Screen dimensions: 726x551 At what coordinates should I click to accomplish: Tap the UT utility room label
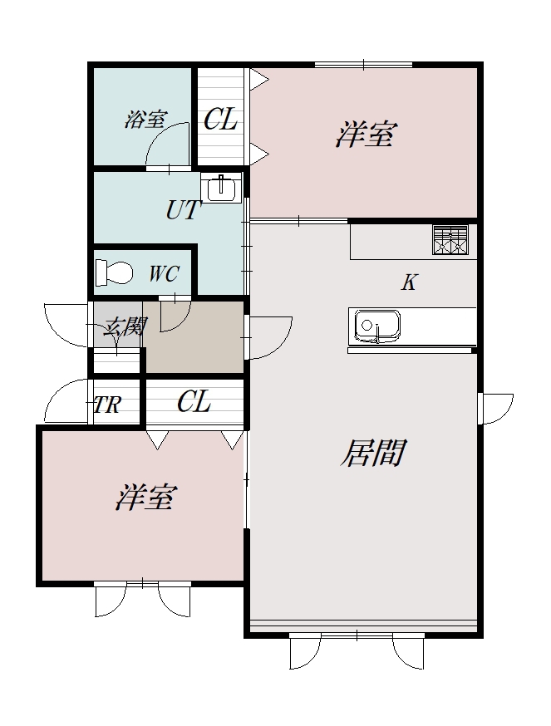(184, 210)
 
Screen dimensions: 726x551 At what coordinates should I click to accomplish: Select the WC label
(163, 274)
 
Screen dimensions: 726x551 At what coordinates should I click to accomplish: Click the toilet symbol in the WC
(114, 272)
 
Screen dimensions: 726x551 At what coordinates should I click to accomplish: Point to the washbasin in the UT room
(221, 189)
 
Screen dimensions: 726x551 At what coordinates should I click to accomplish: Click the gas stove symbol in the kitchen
(450, 240)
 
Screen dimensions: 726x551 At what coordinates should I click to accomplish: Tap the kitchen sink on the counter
(377, 325)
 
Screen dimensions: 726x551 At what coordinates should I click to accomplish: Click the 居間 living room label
(373, 454)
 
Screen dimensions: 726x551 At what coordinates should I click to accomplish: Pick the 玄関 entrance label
(125, 326)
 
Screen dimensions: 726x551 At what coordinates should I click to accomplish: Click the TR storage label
(107, 405)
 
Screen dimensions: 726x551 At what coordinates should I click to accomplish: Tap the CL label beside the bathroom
(220, 120)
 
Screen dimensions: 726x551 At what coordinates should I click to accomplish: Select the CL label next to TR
(194, 403)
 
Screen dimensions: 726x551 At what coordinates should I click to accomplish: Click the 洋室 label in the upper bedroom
(365, 134)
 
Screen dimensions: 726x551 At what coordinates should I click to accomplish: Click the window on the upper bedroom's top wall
(363, 65)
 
